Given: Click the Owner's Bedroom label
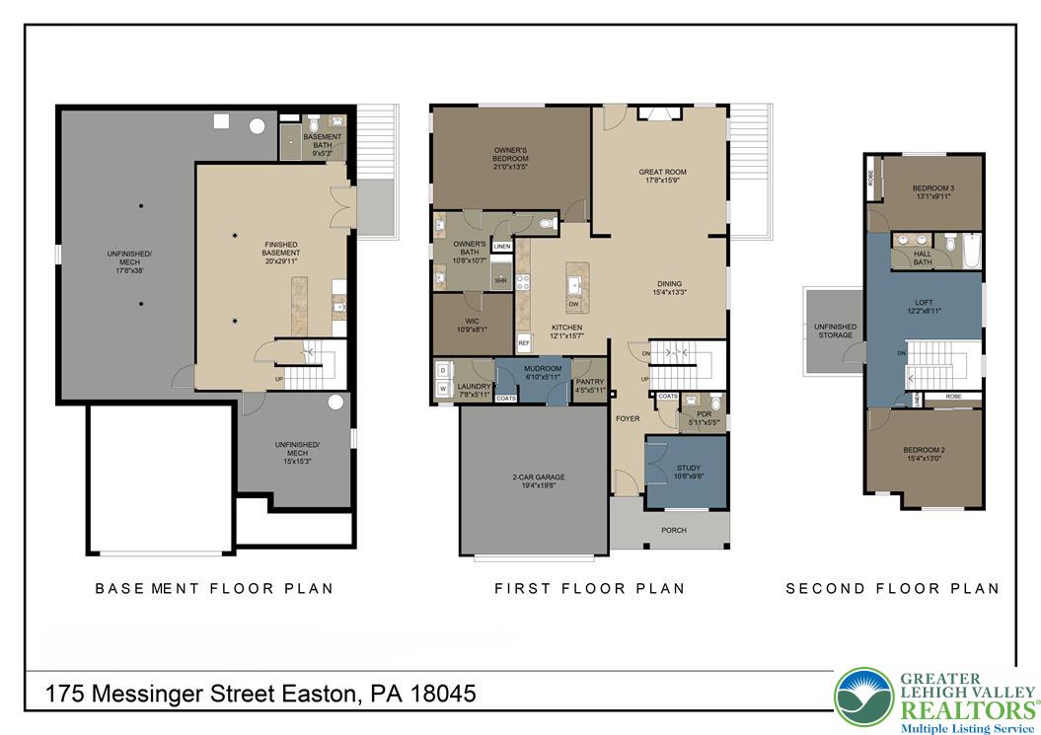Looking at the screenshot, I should click(x=511, y=159).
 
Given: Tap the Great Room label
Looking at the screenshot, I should click(x=662, y=177).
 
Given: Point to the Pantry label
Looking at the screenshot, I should click(x=589, y=386).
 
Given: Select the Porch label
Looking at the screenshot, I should click(x=674, y=531).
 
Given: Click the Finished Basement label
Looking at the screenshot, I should click(x=281, y=249).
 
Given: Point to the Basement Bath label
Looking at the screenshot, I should click(x=323, y=144).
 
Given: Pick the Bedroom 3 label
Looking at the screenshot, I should click(x=932, y=191).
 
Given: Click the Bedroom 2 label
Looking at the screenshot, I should click(x=924, y=454).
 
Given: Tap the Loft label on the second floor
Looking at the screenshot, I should click(x=923, y=306).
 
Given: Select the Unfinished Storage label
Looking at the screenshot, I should click(x=835, y=331).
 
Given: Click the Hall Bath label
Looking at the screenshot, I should click(x=922, y=258).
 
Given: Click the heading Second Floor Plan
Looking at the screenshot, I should click(x=892, y=588).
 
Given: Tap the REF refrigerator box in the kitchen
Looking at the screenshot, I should click(x=524, y=343).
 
